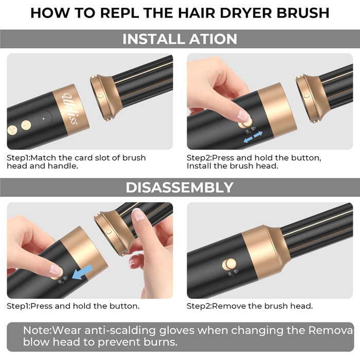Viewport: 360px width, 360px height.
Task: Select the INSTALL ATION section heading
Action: coord(179,39)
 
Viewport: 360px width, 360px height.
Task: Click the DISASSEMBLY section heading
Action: coord(179,187)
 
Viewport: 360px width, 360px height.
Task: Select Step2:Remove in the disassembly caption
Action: coord(210,306)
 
